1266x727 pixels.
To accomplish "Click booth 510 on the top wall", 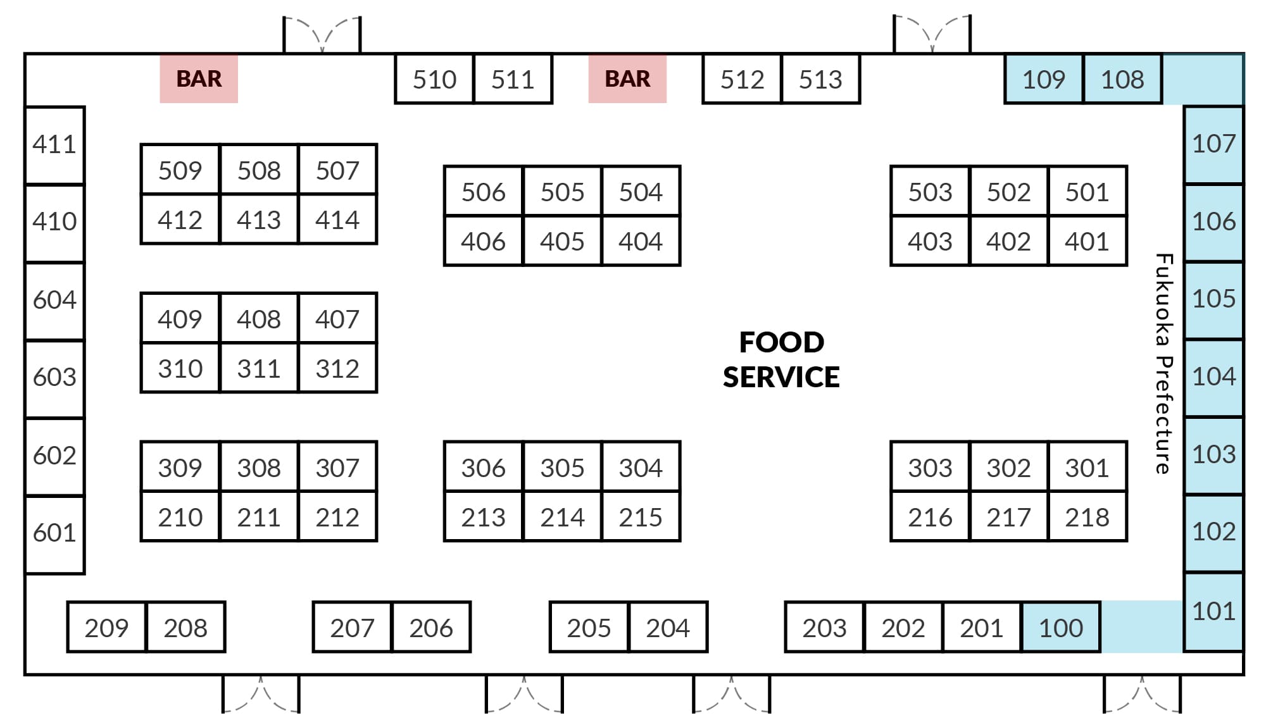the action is click(434, 79).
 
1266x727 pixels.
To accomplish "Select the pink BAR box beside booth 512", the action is click(627, 78).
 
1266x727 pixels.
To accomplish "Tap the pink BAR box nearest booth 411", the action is click(199, 78).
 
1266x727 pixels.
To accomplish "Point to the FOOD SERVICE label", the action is click(781, 359).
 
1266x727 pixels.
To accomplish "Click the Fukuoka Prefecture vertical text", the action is click(1163, 364).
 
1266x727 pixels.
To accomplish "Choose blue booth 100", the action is click(1061, 627).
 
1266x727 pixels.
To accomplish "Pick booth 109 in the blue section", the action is click(1044, 79).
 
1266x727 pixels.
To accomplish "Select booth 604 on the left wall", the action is click(54, 300).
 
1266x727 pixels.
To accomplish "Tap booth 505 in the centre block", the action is click(562, 191).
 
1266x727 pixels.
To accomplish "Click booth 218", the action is click(1087, 517).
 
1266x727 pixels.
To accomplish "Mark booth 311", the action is click(259, 368).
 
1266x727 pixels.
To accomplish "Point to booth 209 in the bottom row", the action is click(106, 627).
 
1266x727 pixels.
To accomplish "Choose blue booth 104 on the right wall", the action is click(1213, 377).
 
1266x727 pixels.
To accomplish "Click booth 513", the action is click(821, 79).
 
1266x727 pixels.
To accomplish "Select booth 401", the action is click(1087, 241).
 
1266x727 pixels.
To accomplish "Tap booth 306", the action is click(484, 467).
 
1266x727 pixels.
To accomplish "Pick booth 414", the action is click(337, 219).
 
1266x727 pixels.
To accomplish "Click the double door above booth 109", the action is click(932, 34).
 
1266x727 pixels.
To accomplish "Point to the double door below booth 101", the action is click(1142, 694).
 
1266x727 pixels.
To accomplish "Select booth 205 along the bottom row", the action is click(589, 627).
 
